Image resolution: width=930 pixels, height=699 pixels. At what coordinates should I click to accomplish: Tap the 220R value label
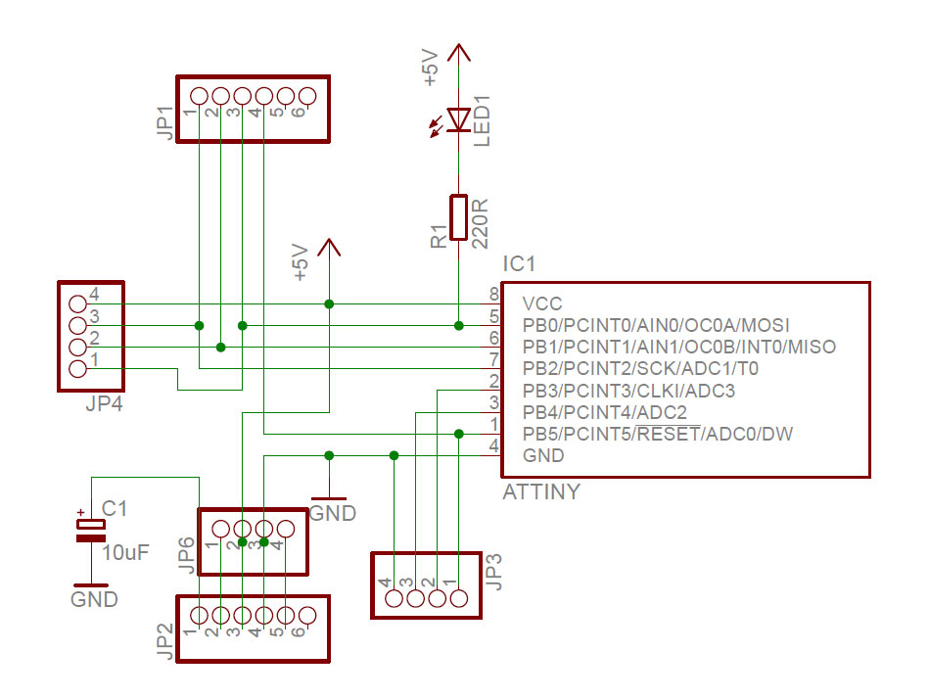click(x=480, y=223)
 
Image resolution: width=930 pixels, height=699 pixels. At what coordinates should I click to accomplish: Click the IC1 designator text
click(x=519, y=264)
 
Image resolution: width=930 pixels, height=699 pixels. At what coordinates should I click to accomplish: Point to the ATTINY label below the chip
click(x=541, y=492)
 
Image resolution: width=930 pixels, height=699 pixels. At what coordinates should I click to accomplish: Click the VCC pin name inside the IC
click(x=542, y=303)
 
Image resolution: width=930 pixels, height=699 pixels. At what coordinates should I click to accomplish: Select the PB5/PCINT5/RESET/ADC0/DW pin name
click(x=657, y=434)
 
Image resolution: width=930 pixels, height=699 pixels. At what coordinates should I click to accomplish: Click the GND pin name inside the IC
click(x=543, y=455)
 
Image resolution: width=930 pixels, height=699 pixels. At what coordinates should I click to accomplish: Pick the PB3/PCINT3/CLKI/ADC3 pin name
click(x=628, y=391)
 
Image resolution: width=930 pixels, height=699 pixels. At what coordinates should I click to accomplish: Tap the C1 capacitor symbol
click(x=90, y=529)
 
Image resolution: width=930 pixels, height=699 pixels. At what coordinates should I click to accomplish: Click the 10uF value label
click(x=125, y=552)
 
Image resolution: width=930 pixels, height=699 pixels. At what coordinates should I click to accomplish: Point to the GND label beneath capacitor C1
click(x=94, y=599)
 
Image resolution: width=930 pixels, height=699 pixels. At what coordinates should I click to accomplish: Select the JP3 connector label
click(x=494, y=573)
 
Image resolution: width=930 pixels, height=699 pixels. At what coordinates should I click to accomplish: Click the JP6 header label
click(x=186, y=554)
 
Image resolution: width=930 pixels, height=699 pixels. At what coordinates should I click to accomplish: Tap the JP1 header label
click(x=164, y=122)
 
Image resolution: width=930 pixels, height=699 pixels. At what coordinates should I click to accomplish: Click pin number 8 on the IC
click(x=494, y=294)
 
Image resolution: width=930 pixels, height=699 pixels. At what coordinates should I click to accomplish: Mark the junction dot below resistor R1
click(x=458, y=325)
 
